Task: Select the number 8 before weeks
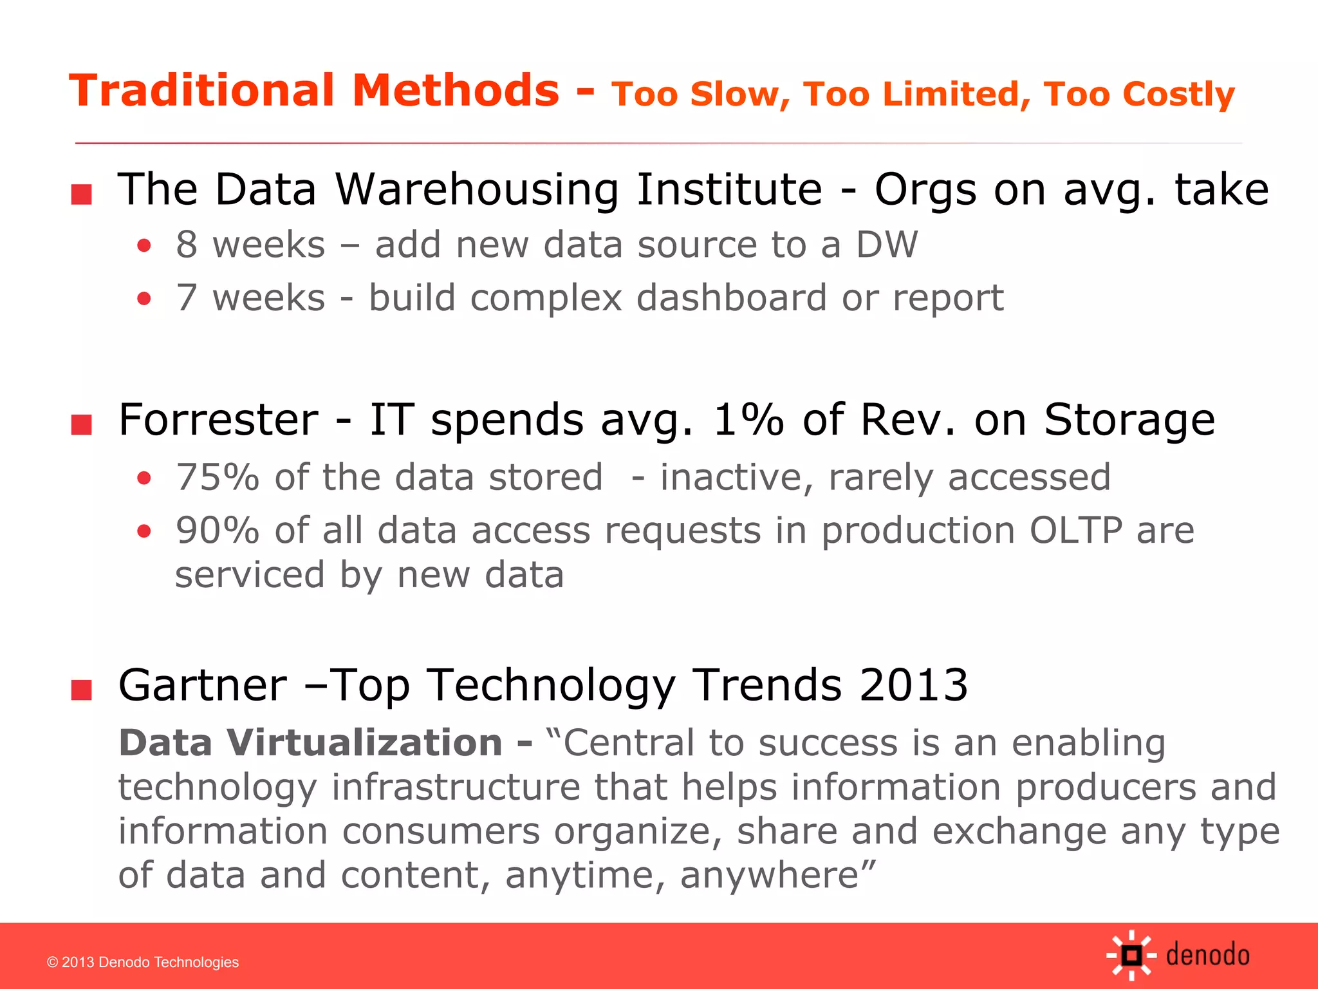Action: click(x=187, y=245)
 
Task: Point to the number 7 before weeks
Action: click(x=187, y=298)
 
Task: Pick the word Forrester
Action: click(x=219, y=420)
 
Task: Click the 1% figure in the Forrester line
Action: click(x=748, y=420)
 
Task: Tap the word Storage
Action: click(x=1129, y=420)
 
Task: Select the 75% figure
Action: click(x=218, y=477)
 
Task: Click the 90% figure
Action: click(x=218, y=531)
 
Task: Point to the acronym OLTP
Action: click(x=1076, y=531)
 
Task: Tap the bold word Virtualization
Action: click(x=364, y=742)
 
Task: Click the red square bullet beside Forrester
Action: click(x=82, y=425)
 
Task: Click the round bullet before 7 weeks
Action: click(x=144, y=299)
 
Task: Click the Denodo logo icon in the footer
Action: click(x=1131, y=956)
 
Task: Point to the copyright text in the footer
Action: click(x=143, y=962)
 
